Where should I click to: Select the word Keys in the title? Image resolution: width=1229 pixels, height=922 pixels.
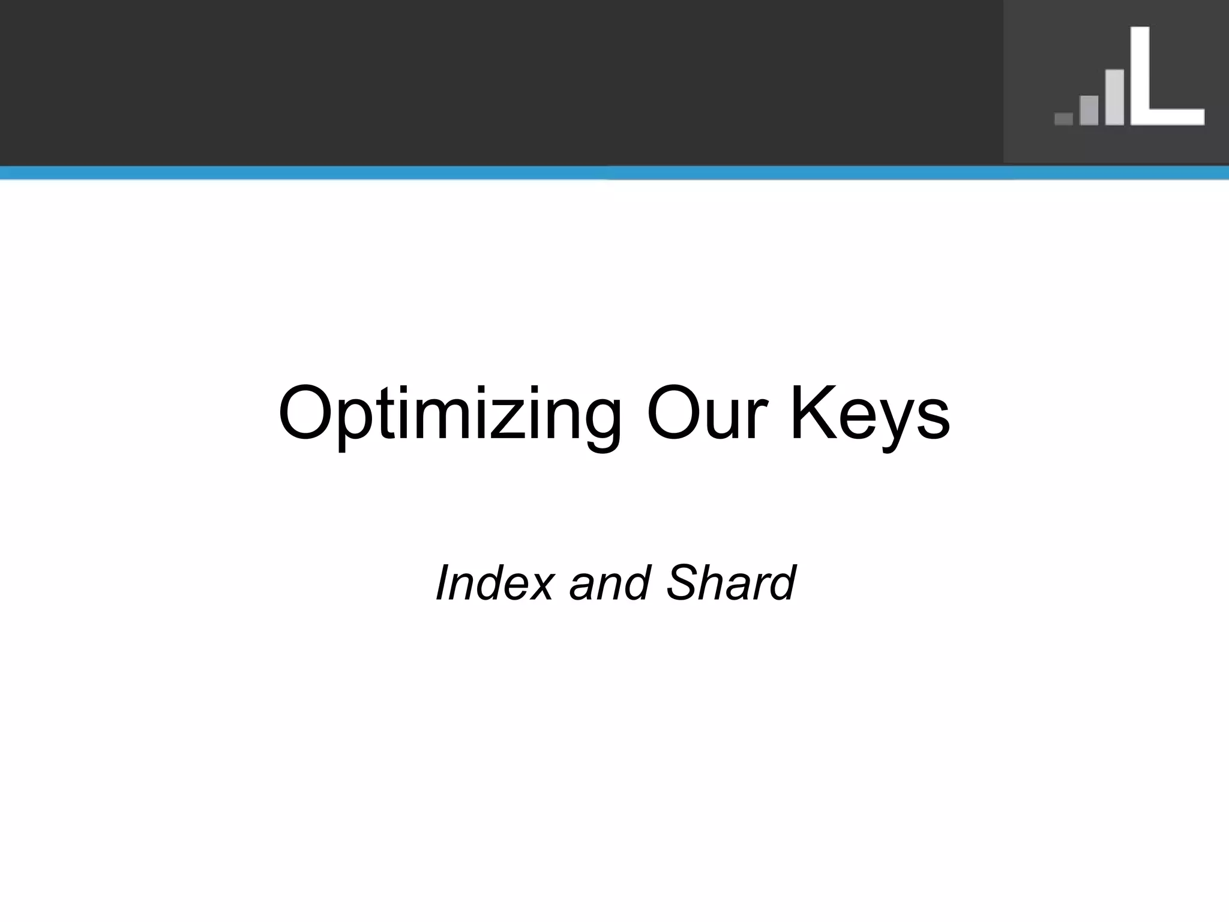[870, 414]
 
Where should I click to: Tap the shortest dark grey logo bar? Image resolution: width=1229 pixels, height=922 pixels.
[1063, 119]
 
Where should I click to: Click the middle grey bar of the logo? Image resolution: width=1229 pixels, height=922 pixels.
[1089, 110]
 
